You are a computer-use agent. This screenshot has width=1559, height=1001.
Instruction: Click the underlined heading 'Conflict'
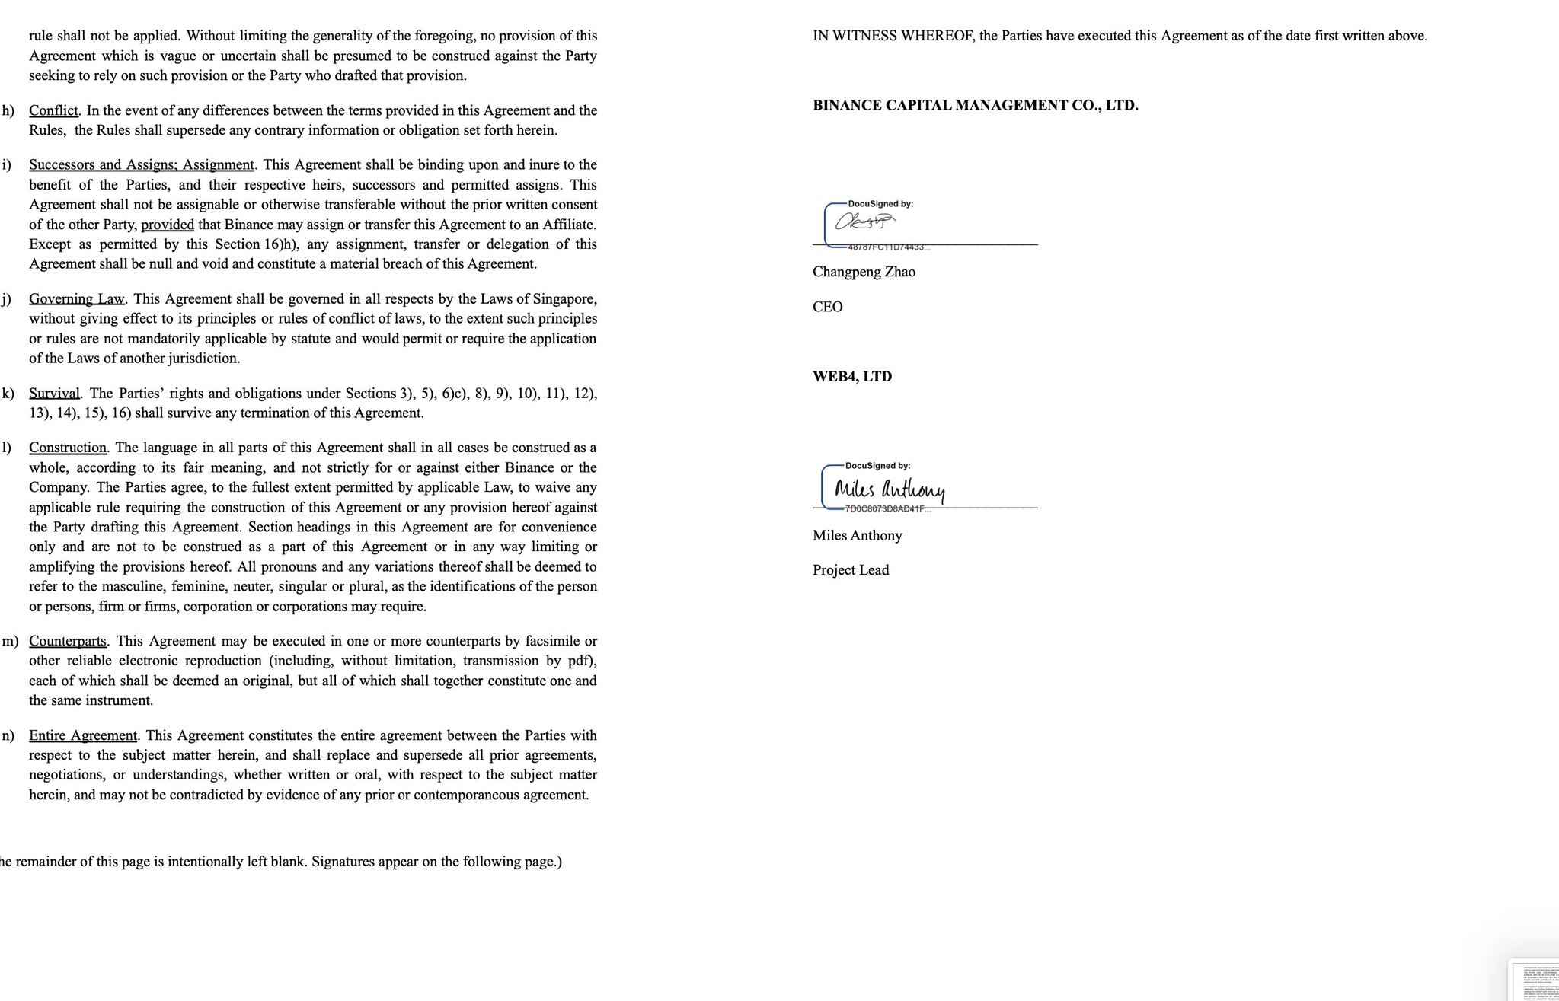click(x=53, y=110)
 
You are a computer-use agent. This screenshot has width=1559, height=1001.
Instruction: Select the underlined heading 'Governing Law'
click(x=77, y=299)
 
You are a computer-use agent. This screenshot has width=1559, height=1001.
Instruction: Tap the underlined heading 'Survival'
click(x=54, y=394)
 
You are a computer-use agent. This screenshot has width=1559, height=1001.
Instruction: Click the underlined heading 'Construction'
click(x=69, y=448)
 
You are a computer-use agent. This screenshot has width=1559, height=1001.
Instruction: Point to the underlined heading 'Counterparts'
click(x=69, y=641)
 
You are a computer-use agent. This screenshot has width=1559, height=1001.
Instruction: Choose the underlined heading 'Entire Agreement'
click(x=83, y=735)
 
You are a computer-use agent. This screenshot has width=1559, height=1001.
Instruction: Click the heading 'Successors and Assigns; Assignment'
click(x=142, y=165)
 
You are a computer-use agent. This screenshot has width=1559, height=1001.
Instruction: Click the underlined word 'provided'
click(x=168, y=225)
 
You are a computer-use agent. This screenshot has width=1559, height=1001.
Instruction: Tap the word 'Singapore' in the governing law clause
click(x=564, y=299)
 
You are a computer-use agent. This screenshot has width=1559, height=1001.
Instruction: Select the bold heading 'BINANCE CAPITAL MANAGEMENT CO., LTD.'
click(x=975, y=106)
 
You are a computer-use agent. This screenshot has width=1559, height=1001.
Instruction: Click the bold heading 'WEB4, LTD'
click(x=851, y=377)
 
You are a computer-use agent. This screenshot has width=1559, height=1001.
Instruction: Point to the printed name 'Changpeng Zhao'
click(x=864, y=272)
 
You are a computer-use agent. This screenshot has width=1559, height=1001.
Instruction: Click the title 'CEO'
click(x=827, y=307)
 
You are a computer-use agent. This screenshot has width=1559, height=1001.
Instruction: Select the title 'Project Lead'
click(x=850, y=570)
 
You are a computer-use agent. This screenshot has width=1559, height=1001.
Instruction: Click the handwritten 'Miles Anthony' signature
click(x=889, y=489)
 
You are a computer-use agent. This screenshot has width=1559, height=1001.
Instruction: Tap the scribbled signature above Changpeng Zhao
click(x=864, y=222)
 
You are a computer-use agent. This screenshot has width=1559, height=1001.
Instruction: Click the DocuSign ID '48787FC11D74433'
click(x=887, y=247)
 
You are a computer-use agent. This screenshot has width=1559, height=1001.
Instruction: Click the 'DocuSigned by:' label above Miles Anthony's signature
click(x=877, y=466)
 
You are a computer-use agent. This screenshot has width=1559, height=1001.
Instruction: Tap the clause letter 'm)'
click(x=10, y=641)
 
